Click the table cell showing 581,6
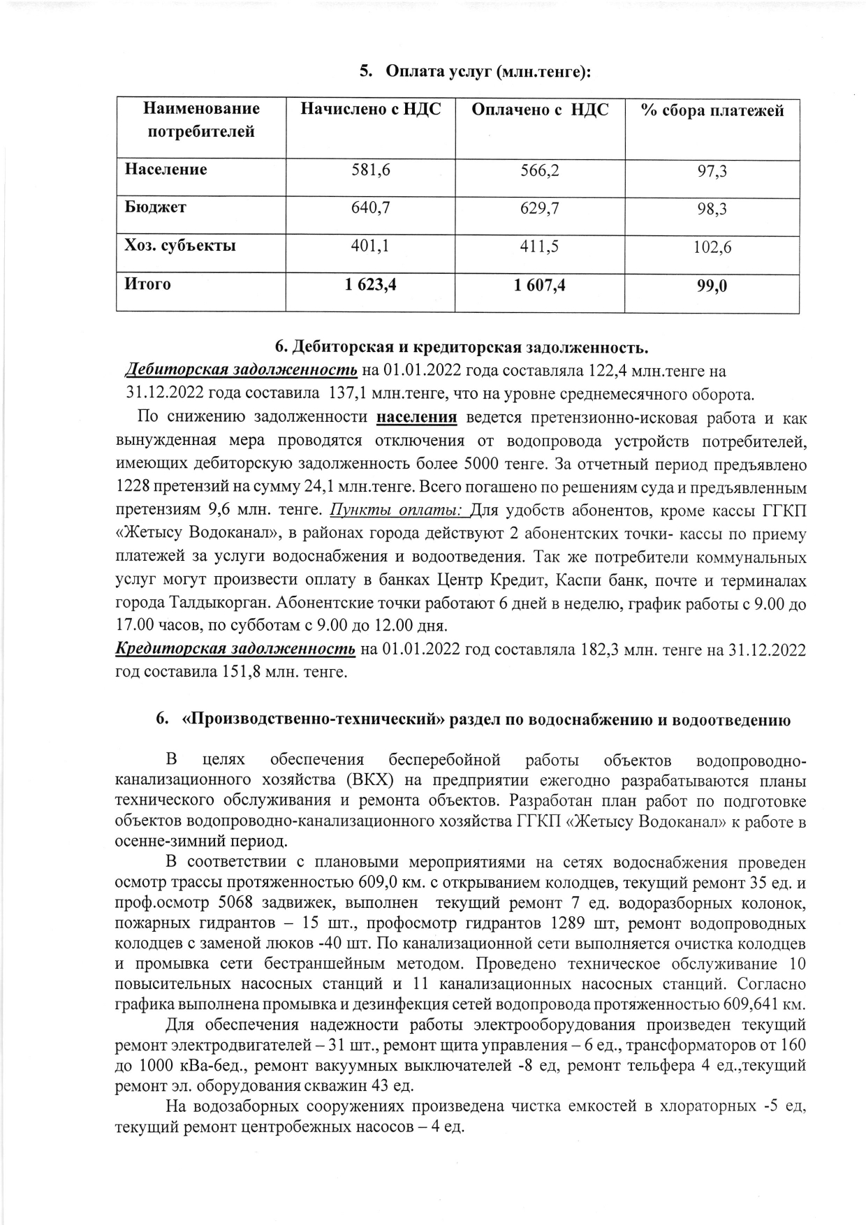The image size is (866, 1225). pyautogui.click(x=370, y=170)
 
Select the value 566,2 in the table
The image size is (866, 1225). pyautogui.click(x=539, y=170)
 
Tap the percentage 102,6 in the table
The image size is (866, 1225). pyautogui.click(x=712, y=247)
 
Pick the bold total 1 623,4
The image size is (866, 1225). pyautogui.click(x=370, y=284)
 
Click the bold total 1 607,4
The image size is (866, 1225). pyautogui.click(x=539, y=284)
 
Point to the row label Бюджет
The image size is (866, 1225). pyautogui.click(x=155, y=207)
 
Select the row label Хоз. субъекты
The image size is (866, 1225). pyautogui.click(x=179, y=246)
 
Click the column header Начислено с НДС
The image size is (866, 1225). pyautogui.click(x=370, y=110)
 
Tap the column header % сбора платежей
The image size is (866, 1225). pyautogui.click(x=712, y=110)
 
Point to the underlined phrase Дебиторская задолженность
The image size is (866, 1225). pyautogui.click(x=241, y=370)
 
